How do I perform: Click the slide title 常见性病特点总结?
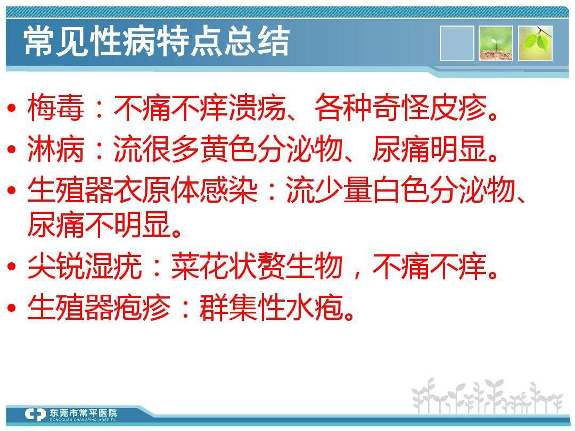tap(157, 42)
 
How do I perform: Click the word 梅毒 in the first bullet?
tap(56, 107)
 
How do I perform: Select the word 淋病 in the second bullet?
tap(56, 150)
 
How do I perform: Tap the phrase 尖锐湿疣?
tap(85, 267)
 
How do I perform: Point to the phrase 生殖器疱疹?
tap(99, 308)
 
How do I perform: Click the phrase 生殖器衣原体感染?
tap(142, 190)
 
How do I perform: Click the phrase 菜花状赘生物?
tap(257, 267)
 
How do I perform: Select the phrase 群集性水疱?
tap(272, 308)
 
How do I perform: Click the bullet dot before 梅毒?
tap(12, 108)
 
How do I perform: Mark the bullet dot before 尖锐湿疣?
tap(12, 267)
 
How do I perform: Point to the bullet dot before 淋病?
tap(12, 150)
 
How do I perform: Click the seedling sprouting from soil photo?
tap(496, 43)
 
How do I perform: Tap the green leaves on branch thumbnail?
tap(535, 43)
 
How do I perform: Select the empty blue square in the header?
tap(457, 43)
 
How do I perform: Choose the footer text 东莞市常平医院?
tap(83, 412)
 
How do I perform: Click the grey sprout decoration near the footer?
tap(487, 396)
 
